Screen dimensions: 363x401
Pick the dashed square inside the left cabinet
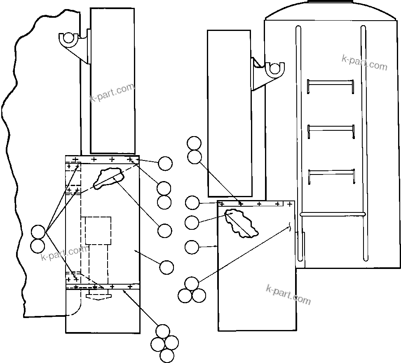(98, 230)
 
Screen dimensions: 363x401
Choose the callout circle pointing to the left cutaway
(165, 231)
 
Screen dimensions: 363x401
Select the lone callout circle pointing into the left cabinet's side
(166, 267)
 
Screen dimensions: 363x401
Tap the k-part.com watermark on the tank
(365, 62)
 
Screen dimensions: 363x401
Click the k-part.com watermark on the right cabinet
(288, 294)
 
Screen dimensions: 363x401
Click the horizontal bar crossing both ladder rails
(333, 214)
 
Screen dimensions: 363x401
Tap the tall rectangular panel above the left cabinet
(113, 80)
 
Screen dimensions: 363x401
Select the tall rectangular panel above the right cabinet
(230, 113)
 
